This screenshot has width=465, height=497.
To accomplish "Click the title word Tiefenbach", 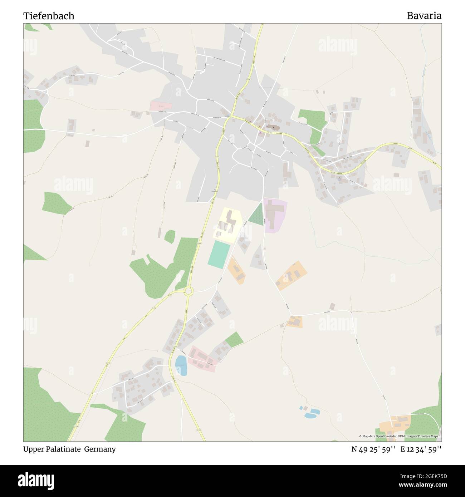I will click(x=49, y=16).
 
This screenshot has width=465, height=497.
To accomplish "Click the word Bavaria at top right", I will click(x=424, y=16).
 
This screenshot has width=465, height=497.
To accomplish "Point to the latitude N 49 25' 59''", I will click(x=373, y=449).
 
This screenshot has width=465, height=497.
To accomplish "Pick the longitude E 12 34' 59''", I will click(x=421, y=449).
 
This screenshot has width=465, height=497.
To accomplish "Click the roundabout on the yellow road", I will click(x=189, y=291).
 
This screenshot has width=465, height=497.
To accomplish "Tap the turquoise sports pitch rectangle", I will click(x=219, y=253).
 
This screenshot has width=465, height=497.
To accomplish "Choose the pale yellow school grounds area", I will click(x=228, y=225).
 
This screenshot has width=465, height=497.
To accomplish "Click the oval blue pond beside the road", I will click(x=181, y=365).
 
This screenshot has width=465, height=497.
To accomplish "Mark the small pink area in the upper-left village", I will click(x=161, y=106).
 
